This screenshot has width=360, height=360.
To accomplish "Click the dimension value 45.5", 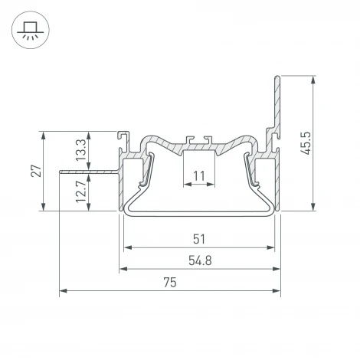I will tap(306, 142).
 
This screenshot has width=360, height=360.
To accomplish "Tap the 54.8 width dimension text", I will tap(199, 260).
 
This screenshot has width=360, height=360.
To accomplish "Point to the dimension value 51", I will tap(198, 239).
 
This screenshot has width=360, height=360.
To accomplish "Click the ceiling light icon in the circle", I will tap(31, 31).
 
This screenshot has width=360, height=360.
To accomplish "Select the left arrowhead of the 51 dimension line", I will tap(128, 248).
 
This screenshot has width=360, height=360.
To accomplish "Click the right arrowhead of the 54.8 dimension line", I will tap(274, 270).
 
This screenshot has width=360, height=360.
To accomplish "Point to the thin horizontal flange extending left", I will tap(88, 172).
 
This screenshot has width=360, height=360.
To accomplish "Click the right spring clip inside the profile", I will tap(250, 170).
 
